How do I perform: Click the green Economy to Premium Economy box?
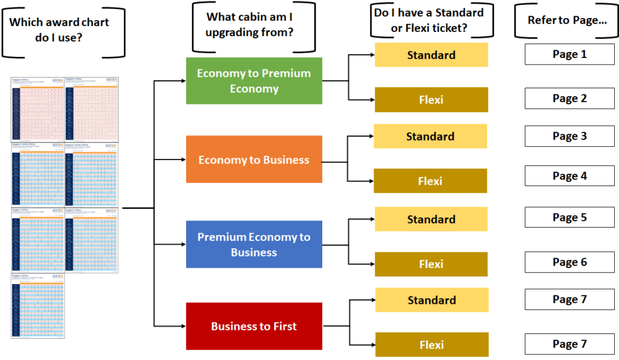click(x=254, y=81)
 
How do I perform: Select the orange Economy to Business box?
click(x=254, y=160)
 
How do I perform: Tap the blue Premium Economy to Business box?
click(x=254, y=245)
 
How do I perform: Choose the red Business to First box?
click(x=254, y=326)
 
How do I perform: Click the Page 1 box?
click(x=569, y=54)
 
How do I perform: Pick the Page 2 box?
click(x=569, y=98)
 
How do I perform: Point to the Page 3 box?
click(x=569, y=137)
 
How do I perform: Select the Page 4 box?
click(x=569, y=176)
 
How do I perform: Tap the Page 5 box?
click(x=569, y=217)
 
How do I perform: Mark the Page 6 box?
click(x=569, y=262)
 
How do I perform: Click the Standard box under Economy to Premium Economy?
click(x=431, y=55)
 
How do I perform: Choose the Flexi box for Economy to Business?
click(x=430, y=181)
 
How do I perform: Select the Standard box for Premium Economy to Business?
click(x=431, y=219)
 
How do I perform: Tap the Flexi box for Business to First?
click(x=432, y=345)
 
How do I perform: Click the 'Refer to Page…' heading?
click(x=567, y=21)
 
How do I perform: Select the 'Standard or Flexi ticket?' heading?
click(x=431, y=20)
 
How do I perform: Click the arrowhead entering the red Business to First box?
click(x=183, y=326)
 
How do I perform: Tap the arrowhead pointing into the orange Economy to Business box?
click(x=183, y=160)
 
